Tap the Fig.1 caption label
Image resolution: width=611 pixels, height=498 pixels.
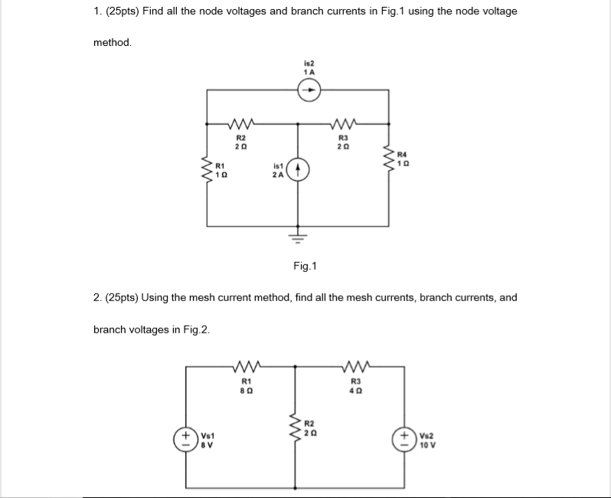coord(305,267)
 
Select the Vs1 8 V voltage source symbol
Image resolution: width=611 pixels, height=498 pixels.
coord(186,443)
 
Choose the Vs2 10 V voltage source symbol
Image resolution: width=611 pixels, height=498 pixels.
coord(405,442)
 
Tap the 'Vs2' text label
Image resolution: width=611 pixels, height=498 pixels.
coord(426,437)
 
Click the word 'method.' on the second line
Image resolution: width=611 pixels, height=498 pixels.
coord(113,43)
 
